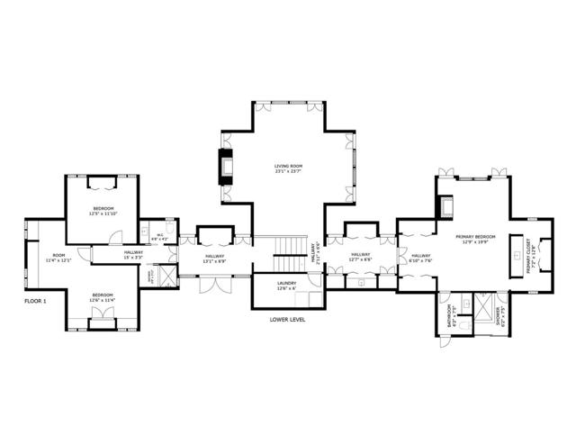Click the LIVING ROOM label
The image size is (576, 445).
287,168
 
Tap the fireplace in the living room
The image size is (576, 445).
226,168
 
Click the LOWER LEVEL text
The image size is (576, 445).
287,319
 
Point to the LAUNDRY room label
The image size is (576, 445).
286,286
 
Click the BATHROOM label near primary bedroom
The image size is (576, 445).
453,315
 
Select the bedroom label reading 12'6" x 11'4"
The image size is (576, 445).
102,297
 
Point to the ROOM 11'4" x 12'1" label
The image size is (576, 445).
59,258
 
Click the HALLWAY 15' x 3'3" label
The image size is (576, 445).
133,255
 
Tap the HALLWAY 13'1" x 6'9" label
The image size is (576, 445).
214,259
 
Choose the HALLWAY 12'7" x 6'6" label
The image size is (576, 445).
360,257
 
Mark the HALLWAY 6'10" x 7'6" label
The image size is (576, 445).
420,259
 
